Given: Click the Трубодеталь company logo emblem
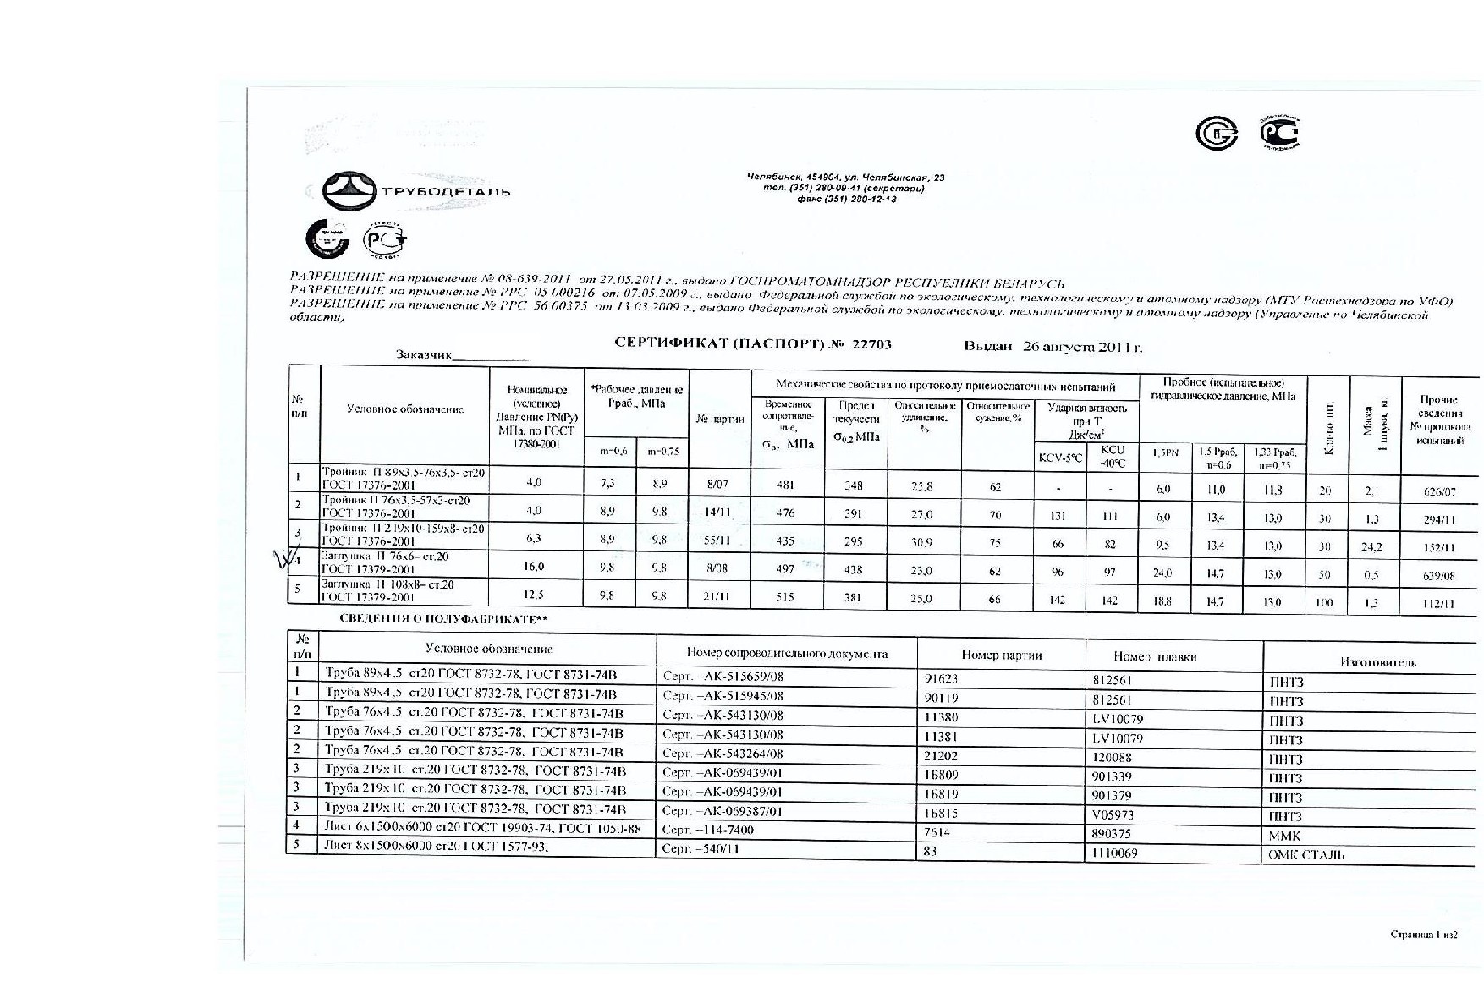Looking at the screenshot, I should [x=349, y=191].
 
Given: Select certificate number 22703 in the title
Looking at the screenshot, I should [x=871, y=345].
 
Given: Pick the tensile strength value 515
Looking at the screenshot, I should [x=784, y=597].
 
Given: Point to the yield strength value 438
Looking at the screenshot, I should [x=853, y=570].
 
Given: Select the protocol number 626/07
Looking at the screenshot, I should [x=1439, y=491].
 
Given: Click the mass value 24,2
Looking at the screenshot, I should [x=1371, y=546].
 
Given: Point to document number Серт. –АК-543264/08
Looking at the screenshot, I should [x=723, y=754].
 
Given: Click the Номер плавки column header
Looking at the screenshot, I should [x=1155, y=656].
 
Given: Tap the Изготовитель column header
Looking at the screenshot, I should [x=1377, y=662].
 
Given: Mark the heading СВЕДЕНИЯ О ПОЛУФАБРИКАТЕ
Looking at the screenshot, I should [x=443, y=619].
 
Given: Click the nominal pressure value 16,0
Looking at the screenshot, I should [x=533, y=567].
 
